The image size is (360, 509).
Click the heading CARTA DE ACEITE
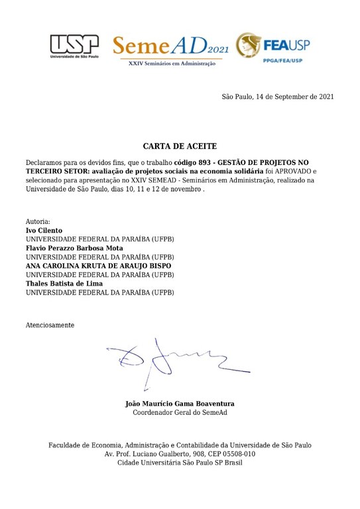pos(180,146)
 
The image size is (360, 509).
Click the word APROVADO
pos(304,172)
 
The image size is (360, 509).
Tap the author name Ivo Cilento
pos(44,230)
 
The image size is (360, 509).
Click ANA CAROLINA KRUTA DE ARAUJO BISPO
pos(98,266)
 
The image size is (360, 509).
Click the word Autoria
pos(38,221)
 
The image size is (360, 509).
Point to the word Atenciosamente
pos(50,325)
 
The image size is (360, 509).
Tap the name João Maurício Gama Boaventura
pos(180,404)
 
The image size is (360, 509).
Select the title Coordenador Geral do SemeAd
pos(180,413)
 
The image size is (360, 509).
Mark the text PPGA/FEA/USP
pos(280,61)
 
